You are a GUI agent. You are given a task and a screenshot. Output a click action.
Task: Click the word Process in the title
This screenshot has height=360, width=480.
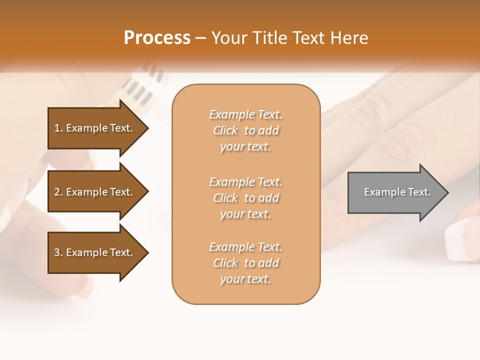157,38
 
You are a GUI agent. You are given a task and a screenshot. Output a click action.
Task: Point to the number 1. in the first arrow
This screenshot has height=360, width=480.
58,128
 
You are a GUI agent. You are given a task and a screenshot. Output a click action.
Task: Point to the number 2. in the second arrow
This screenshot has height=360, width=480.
58,192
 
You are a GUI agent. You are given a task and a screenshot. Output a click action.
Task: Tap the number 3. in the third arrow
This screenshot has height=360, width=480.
58,252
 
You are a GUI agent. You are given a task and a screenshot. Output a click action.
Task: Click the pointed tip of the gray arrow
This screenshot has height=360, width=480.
446,192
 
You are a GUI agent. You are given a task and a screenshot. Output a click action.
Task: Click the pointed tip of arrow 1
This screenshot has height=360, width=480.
146,128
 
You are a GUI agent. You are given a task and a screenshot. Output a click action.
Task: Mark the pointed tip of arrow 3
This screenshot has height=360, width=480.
146,252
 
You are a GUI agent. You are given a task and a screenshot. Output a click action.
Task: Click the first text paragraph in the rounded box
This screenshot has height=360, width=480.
245,130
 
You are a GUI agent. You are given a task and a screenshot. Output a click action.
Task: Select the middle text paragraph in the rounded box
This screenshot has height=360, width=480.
245,198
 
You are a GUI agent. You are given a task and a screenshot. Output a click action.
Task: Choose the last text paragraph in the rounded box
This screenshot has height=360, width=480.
245,263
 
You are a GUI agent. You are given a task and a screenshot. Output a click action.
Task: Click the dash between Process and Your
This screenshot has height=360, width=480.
200,38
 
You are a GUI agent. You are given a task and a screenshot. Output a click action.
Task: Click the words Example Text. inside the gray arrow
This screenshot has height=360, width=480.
397,192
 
